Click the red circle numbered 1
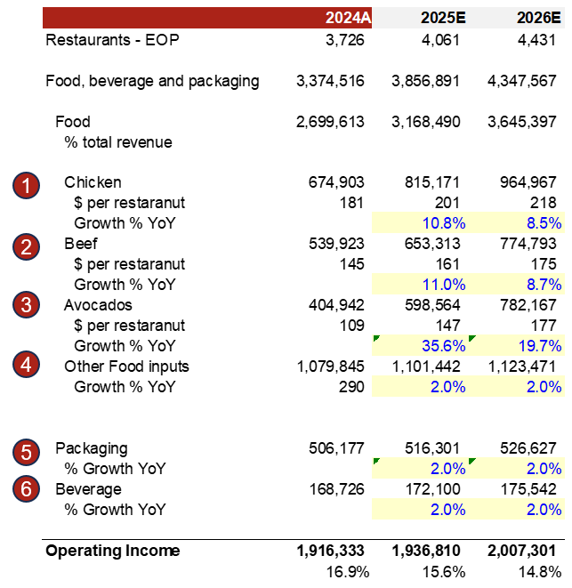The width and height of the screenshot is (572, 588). [27, 186]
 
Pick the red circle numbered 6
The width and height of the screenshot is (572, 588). [27, 489]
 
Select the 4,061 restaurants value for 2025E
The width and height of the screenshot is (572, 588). [440, 40]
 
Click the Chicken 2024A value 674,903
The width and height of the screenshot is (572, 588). [330, 182]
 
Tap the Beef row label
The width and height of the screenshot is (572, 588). [81, 244]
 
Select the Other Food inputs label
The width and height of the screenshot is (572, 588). [126, 366]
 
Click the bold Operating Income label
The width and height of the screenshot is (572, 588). [112, 551]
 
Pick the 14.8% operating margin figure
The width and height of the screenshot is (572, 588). [542, 571]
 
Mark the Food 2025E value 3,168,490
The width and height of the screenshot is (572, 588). [426, 122]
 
